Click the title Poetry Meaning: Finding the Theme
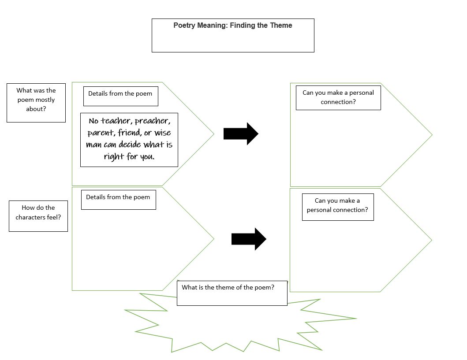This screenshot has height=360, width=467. tap(232, 26)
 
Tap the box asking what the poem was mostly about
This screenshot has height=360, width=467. tap(36, 102)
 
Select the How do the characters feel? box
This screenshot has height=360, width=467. tap(38, 215)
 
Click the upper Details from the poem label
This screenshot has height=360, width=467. tap(120, 94)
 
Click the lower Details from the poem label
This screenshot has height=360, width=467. tap(118, 197)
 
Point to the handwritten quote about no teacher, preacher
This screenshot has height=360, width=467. tap(129, 139)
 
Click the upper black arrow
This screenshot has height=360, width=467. tap(240, 134)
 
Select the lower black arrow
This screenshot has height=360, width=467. tap(248, 239)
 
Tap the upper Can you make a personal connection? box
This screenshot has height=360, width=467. tap(338, 97)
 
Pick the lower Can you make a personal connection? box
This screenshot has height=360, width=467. tap(337, 206)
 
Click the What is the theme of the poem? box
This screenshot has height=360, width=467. tap(232, 293)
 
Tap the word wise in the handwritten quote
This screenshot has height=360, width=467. tap(162, 133)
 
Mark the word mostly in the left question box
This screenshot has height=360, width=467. tap(45, 100)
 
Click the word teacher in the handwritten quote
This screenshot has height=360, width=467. tap(116, 121)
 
